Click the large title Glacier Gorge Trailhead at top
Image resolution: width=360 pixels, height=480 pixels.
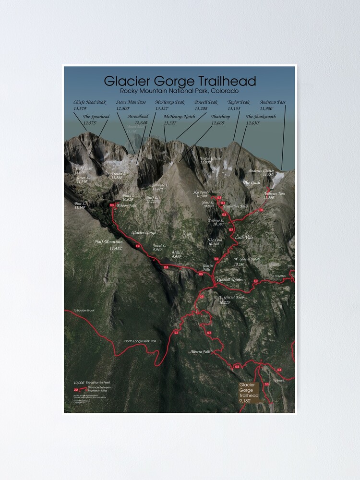coord(180,81)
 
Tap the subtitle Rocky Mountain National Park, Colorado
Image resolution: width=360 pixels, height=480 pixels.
coord(180,91)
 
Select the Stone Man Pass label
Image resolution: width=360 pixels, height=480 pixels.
coord(130,102)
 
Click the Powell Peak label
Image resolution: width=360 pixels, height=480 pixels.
coord(206,102)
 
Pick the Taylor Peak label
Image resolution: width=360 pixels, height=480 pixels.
coord(238,102)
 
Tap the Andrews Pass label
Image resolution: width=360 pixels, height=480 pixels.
coord(272,102)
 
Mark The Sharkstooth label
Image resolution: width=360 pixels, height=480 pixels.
coord(261,117)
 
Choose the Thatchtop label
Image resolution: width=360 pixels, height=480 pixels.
coord(220,117)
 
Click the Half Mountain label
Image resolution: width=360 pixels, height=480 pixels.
coord(108,242)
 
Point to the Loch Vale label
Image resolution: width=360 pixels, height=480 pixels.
coord(244,237)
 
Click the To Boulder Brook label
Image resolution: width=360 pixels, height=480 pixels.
coord(84,311)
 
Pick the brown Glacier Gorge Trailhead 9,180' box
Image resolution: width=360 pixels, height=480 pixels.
coord(249,392)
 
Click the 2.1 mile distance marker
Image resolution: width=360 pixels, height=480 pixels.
coord(176,333)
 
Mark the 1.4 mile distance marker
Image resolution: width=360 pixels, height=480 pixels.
coord(138,246)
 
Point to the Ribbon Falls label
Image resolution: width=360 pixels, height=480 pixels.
coord(126,205)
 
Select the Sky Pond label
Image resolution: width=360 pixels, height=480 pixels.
coord(200,192)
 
